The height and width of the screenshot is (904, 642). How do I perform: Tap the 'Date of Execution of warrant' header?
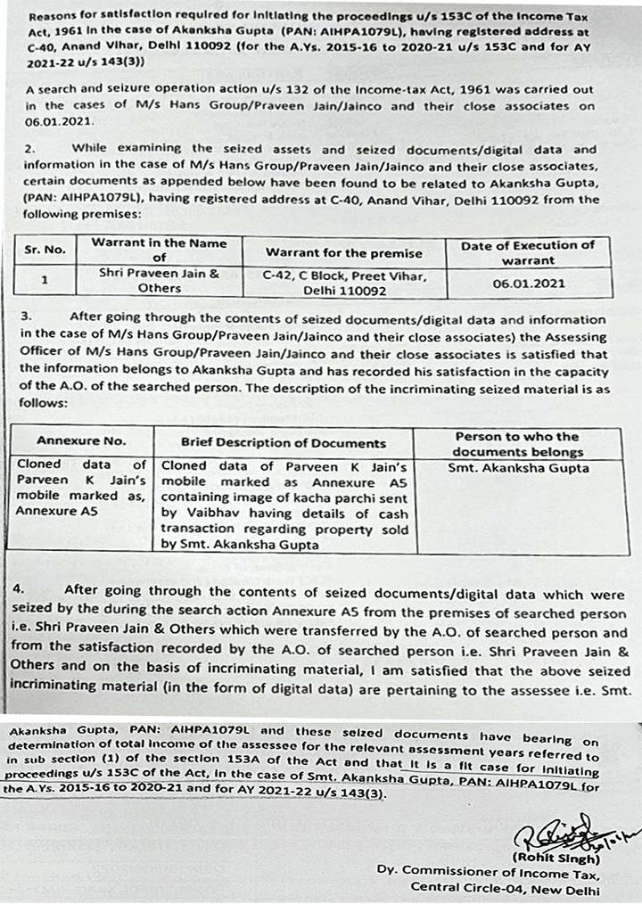click(529, 252)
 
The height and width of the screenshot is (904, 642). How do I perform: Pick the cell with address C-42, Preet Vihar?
click(344, 283)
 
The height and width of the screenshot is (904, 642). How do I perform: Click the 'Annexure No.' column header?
click(81, 440)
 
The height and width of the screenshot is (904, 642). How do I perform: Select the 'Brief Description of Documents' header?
click(284, 442)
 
